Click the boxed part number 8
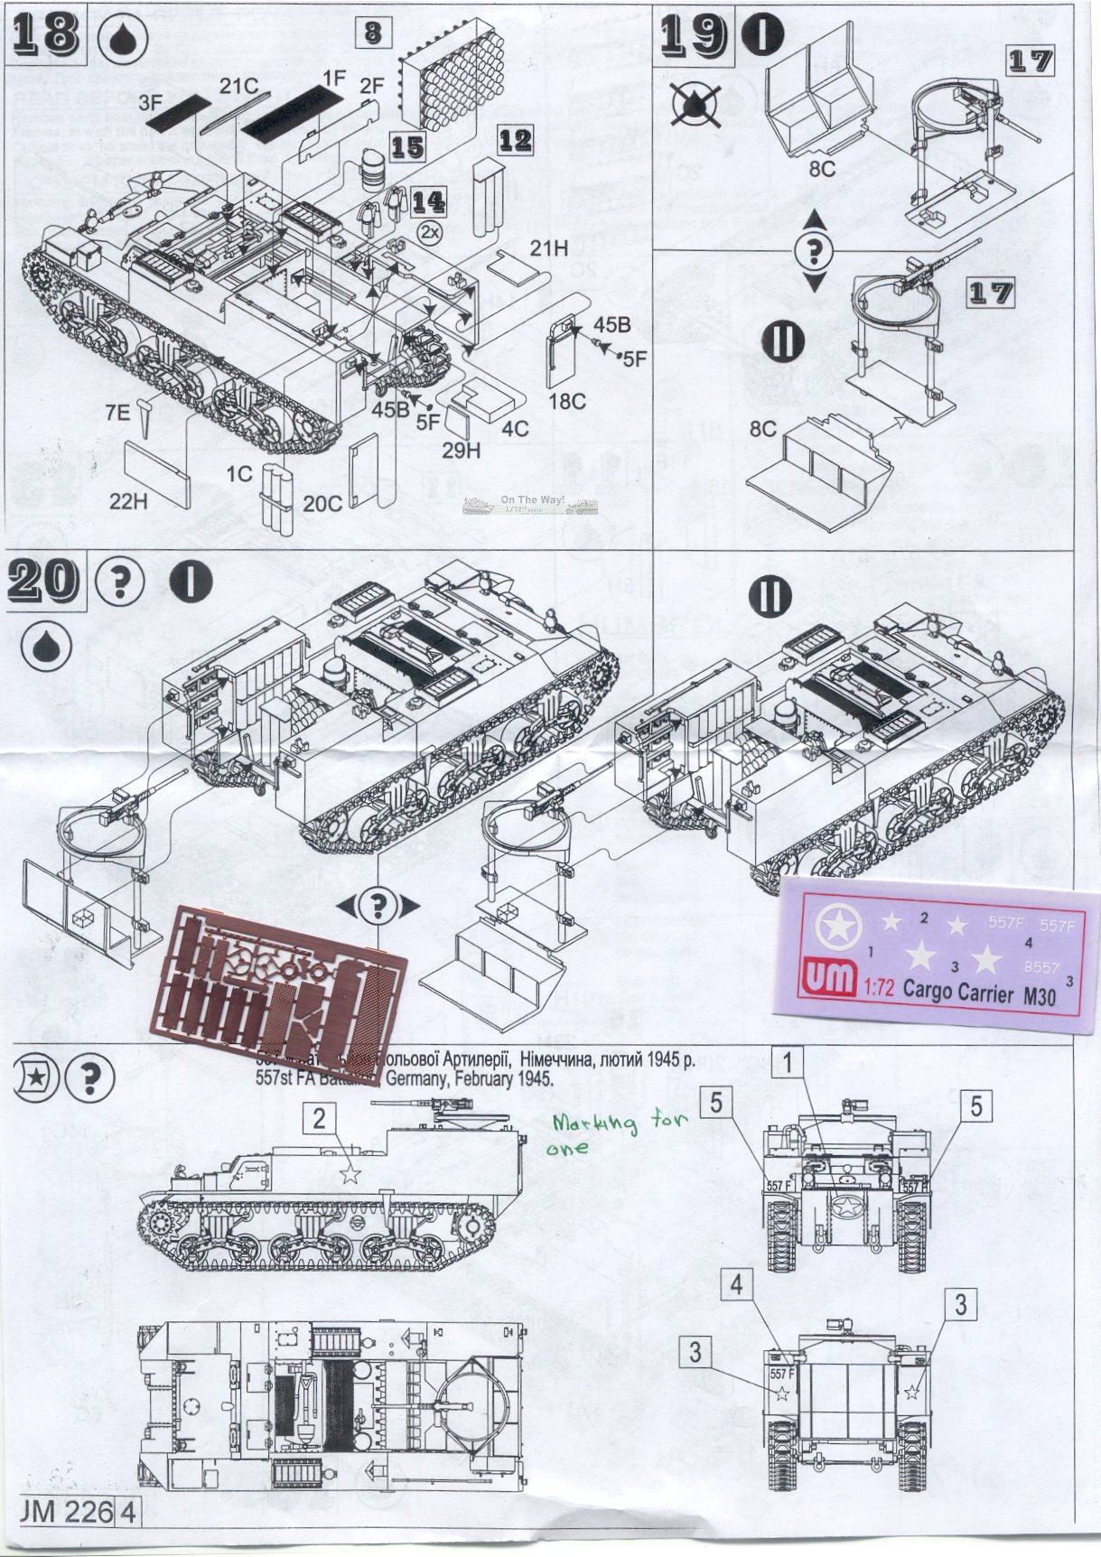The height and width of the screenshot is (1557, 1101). point(372,33)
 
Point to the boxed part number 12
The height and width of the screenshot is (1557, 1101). point(515,140)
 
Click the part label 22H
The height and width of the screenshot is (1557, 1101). point(127,501)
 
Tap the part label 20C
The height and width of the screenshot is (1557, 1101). point(322,503)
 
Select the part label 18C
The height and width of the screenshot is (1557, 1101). point(567,401)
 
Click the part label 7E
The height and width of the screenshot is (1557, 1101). point(117,413)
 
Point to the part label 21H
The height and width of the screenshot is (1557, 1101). point(549,247)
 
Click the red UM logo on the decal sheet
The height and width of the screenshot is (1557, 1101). point(828,979)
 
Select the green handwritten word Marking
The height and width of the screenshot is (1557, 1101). point(593,1123)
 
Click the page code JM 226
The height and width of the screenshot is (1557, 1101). point(65,1511)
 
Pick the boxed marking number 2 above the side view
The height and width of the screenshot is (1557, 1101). point(319,1118)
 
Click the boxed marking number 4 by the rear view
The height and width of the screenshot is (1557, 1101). point(737,1283)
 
